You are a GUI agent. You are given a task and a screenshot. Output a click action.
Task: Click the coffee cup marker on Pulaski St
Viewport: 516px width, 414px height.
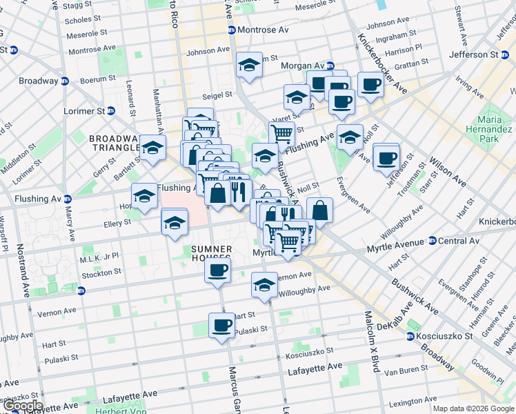221,325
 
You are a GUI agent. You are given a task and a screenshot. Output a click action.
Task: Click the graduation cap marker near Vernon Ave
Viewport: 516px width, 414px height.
264,284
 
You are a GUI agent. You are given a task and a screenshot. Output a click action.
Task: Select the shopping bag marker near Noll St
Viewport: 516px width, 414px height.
320,210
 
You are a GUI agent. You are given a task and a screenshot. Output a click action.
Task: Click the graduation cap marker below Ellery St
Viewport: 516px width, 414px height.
175,223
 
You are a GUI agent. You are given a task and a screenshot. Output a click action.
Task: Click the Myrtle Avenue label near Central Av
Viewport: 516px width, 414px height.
394,245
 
